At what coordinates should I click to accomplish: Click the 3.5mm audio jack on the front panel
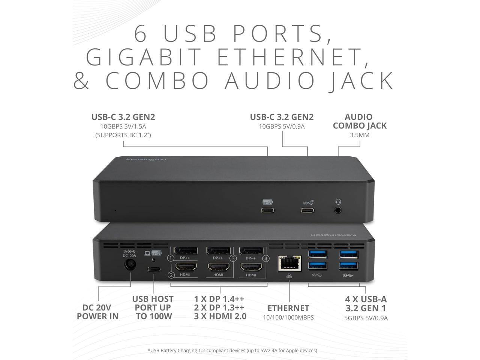point(338,210)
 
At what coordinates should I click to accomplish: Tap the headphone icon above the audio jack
point(338,202)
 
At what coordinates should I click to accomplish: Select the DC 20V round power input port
point(130,265)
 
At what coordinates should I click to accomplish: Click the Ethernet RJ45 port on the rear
point(289,264)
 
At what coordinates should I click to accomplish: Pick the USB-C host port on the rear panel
point(154,269)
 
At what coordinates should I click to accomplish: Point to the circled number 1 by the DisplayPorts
point(171,258)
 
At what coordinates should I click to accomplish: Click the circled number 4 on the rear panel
point(266,258)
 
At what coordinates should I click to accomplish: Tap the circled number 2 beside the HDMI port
point(171,275)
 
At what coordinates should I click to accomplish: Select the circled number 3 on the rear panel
point(233,258)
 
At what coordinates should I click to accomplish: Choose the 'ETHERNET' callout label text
point(288,308)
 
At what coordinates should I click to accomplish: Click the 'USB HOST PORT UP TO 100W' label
point(153,307)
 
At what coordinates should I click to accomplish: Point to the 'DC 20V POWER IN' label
point(98,312)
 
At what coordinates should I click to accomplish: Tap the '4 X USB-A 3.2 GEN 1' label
point(366,304)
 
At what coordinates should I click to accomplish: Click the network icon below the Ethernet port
point(288,276)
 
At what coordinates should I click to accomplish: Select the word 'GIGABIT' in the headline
point(144,57)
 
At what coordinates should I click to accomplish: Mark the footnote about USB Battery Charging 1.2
point(232,350)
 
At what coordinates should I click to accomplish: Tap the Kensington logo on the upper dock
point(146,160)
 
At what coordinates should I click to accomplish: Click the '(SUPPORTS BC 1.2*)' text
point(123,135)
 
